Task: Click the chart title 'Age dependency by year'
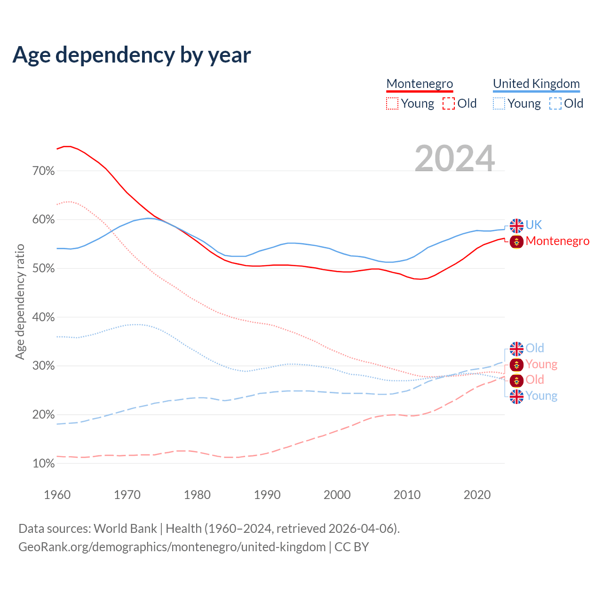coord(132,55)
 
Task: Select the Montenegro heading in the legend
coord(420,84)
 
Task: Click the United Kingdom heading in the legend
coord(536,84)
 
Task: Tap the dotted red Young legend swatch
coord(392,103)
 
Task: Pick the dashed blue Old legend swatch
coord(555,103)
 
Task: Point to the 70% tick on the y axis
coord(44,171)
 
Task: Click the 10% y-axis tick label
coord(44,464)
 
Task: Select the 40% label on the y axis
coord(44,317)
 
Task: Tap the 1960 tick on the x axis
coord(57,495)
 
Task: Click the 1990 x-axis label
coord(267,495)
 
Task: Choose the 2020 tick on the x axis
coord(477,495)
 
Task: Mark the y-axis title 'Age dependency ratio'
coord(20,301)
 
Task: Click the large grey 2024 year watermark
coord(455,158)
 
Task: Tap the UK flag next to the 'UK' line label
coord(516,226)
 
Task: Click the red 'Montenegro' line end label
coord(557,241)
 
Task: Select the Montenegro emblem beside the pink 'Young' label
coord(516,365)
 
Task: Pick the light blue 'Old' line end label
coord(535,349)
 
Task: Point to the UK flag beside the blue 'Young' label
coord(516,396)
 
